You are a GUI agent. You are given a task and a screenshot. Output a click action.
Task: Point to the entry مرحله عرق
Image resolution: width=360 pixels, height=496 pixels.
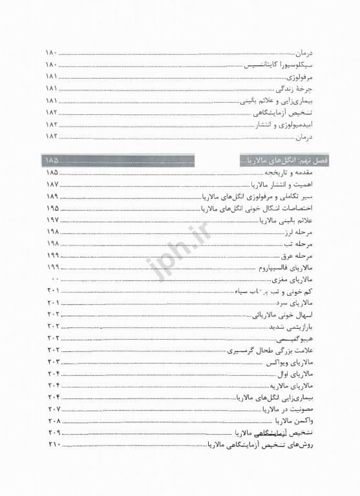click(x=299, y=256)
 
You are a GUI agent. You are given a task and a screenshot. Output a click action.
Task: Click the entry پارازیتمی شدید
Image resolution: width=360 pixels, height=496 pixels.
click(x=293, y=327)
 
